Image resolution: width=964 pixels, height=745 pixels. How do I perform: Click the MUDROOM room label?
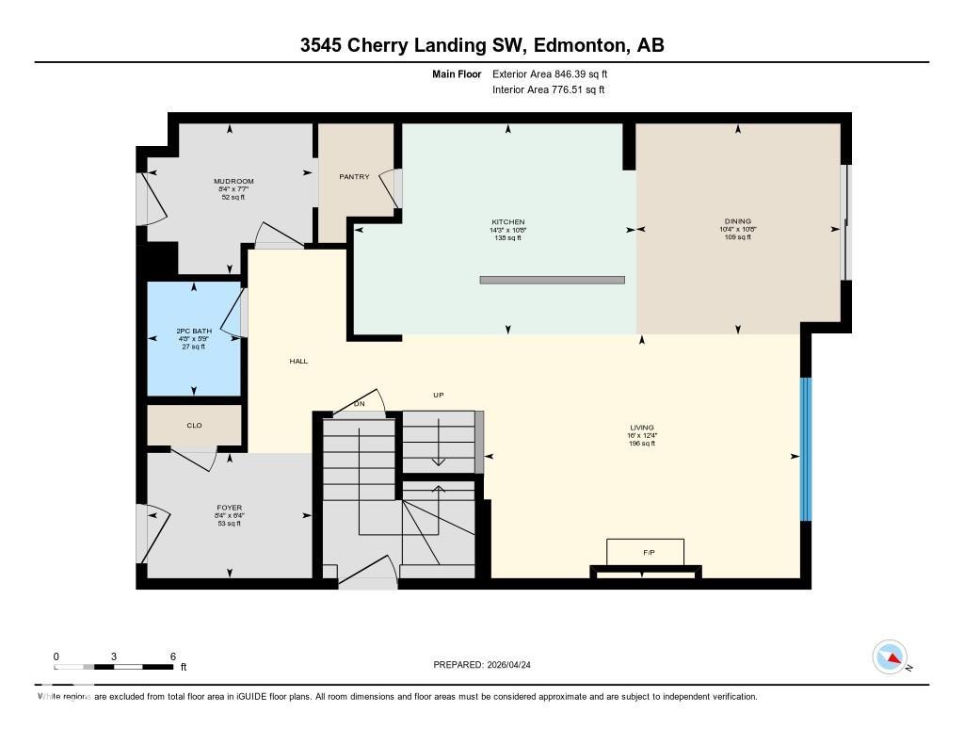tap(233, 182)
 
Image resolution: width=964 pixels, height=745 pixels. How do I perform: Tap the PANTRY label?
tap(354, 176)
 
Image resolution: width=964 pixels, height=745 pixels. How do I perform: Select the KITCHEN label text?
tap(508, 222)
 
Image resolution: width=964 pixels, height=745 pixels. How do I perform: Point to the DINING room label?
tap(738, 222)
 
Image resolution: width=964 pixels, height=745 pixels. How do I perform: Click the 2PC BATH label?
tap(194, 332)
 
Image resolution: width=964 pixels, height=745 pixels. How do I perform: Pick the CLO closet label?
tap(194, 426)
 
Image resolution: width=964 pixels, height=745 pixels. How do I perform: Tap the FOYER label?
tap(229, 508)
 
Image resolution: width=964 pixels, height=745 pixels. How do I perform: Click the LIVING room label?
tap(642, 428)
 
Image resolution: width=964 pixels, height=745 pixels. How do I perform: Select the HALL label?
tap(298, 362)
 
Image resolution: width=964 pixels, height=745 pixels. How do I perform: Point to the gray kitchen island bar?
tap(552, 280)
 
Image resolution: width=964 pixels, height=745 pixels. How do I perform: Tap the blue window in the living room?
tap(805, 449)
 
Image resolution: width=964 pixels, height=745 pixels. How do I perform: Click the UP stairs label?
tap(438, 396)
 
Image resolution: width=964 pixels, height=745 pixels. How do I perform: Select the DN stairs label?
tap(359, 404)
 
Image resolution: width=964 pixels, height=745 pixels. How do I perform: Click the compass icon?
tap(890, 656)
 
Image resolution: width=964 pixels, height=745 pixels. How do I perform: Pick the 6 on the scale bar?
tap(172, 656)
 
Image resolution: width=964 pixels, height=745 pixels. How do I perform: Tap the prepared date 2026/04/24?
tap(515, 665)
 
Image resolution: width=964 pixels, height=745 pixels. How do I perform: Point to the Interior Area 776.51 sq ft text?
tap(548, 90)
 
